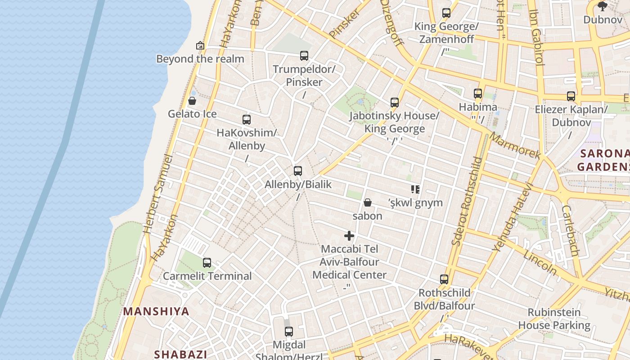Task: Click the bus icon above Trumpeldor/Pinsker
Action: pos(304,56)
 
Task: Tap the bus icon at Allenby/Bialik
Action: pos(297,171)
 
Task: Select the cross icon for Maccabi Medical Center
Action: pos(349,236)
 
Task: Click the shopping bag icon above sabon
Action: pos(368,202)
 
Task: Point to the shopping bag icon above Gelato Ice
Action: pos(192,101)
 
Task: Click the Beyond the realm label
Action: pos(200,59)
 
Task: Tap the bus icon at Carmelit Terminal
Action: pos(207,263)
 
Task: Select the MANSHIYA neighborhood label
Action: pos(156,311)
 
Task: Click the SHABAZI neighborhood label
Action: pos(180,354)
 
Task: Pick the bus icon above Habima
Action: pos(478,94)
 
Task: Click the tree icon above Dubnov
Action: pos(603,6)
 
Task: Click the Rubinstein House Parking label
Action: pos(554,319)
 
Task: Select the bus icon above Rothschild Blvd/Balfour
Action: pos(444,279)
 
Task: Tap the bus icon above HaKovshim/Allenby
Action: pos(247,120)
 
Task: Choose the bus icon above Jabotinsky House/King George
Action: pos(395,103)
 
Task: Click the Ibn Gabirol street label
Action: pos(537,38)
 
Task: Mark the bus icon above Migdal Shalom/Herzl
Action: pos(289,332)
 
